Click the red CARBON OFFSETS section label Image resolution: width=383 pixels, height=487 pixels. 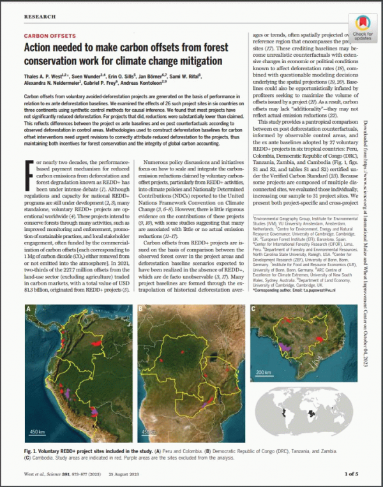coord(50,36)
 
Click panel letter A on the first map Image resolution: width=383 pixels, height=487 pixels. coord(29,310)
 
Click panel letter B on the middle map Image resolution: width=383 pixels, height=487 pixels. coord(141,310)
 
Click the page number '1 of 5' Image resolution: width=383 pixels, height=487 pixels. coord(354,474)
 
